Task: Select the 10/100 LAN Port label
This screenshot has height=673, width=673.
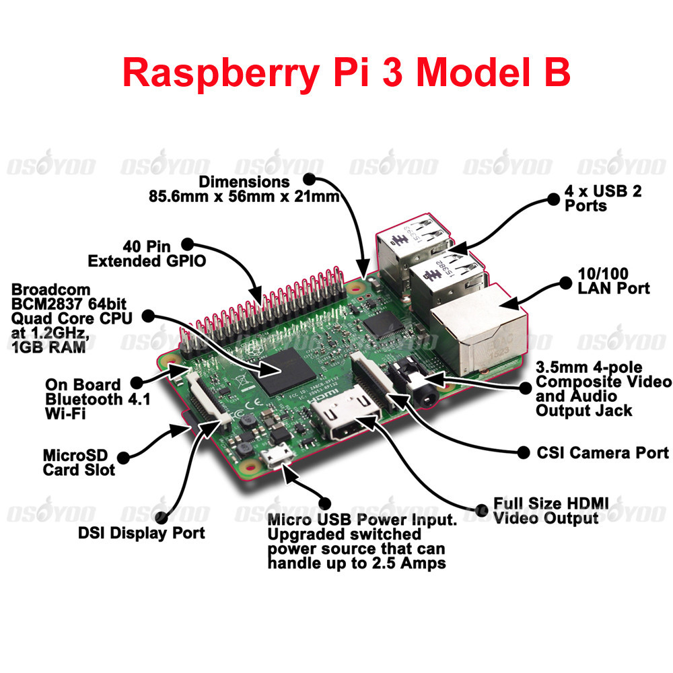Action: click(x=614, y=281)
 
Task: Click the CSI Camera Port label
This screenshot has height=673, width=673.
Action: click(x=602, y=453)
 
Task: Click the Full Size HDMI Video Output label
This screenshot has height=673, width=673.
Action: click(x=551, y=511)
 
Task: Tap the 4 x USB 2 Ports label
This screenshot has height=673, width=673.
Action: click(x=603, y=198)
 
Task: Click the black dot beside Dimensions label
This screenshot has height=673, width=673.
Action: click(x=309, y=179)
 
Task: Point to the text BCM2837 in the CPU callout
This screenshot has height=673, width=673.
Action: click(x=46, y=303)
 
